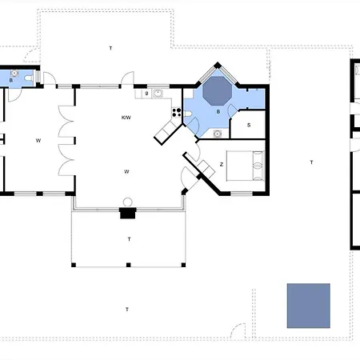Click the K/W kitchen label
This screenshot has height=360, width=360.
[x=126, y=118]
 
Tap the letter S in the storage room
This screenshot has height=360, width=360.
[x=249, y=125]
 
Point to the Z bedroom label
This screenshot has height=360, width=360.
[x=222, y=165]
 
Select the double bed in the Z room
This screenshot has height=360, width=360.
[x=246, y=166]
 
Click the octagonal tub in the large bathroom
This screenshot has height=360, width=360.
[x=217, y=91]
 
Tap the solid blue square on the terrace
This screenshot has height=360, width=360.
[x=309, y=306]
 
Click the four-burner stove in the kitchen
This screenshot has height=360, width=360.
[x=176, y=112]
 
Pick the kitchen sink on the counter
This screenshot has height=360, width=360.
[x=158, y=94]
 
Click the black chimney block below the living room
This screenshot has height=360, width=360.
[x=128, y=213]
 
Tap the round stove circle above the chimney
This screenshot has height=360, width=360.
[x=128, y=202]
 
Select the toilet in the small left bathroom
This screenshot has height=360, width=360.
[x=28, y=78]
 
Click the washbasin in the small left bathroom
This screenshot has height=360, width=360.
[x=14, y=73]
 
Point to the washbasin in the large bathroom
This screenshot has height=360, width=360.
[x=218, y=134]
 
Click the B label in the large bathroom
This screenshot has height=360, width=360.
[x=218, y=112]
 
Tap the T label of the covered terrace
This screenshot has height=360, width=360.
[x=129, y=239]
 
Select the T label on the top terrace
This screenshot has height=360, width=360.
[x=110, y=48]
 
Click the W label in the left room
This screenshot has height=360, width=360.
[x=38, y=141]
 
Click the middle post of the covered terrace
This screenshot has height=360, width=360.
[x=128, y=265]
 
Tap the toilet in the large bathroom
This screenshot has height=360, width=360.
[x=188, y=114]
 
